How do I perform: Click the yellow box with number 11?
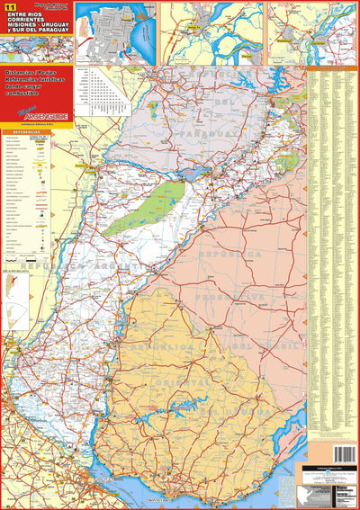(11, 7)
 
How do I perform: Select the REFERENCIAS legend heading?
(25, 131)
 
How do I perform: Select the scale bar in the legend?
(22, 269)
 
